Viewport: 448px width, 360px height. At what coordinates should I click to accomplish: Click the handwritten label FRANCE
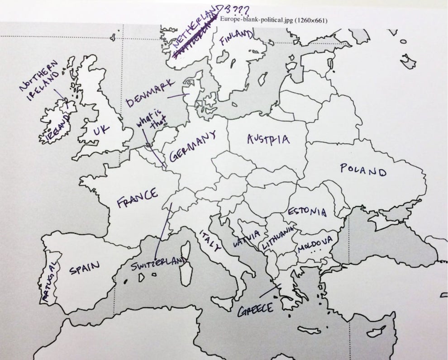[x=138, y=198]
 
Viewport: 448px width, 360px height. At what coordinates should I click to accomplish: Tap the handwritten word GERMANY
[x=192, y=145]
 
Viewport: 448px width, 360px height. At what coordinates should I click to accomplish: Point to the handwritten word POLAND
[x=363, y=171]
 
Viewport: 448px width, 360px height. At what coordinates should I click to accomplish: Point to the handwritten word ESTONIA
[x=306, y=211]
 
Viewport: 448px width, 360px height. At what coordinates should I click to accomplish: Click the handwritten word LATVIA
[x=246, y=238]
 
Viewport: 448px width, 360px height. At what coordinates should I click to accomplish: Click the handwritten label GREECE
[x=256, y=309]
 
